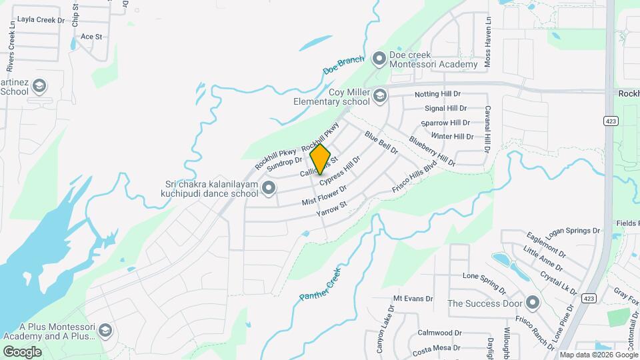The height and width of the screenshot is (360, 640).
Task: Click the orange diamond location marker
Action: (x=321, y=159)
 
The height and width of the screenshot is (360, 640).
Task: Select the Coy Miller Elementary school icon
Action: (x=380, y=96)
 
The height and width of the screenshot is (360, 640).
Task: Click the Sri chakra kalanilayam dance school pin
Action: (x=269, y=189)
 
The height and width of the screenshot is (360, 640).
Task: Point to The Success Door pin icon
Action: (x=532, y=303)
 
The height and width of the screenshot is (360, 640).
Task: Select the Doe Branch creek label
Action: (x=343, y=65)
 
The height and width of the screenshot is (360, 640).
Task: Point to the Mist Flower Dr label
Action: (x=325, y=195)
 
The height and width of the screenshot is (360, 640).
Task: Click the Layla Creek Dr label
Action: (x=41, y=19)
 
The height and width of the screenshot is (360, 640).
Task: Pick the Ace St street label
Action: (x=91, y=37)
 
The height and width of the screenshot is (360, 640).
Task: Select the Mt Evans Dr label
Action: (x=413, y=299)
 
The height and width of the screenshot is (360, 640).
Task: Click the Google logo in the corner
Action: (x=22, y=352)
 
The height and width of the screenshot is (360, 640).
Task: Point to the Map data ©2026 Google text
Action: (x=598, y=355)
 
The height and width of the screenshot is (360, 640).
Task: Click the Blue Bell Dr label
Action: (x=381, y=143)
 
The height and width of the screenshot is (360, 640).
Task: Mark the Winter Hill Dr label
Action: (x=452, y=137)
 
